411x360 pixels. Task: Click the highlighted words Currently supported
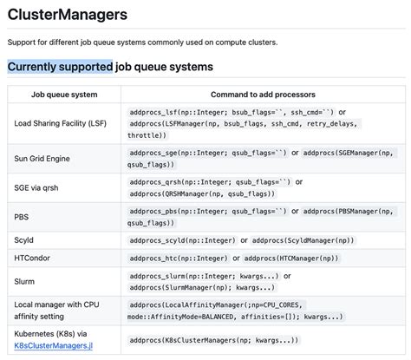60,66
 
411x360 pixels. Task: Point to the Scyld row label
25,239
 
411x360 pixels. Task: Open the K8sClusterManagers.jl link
55,345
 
